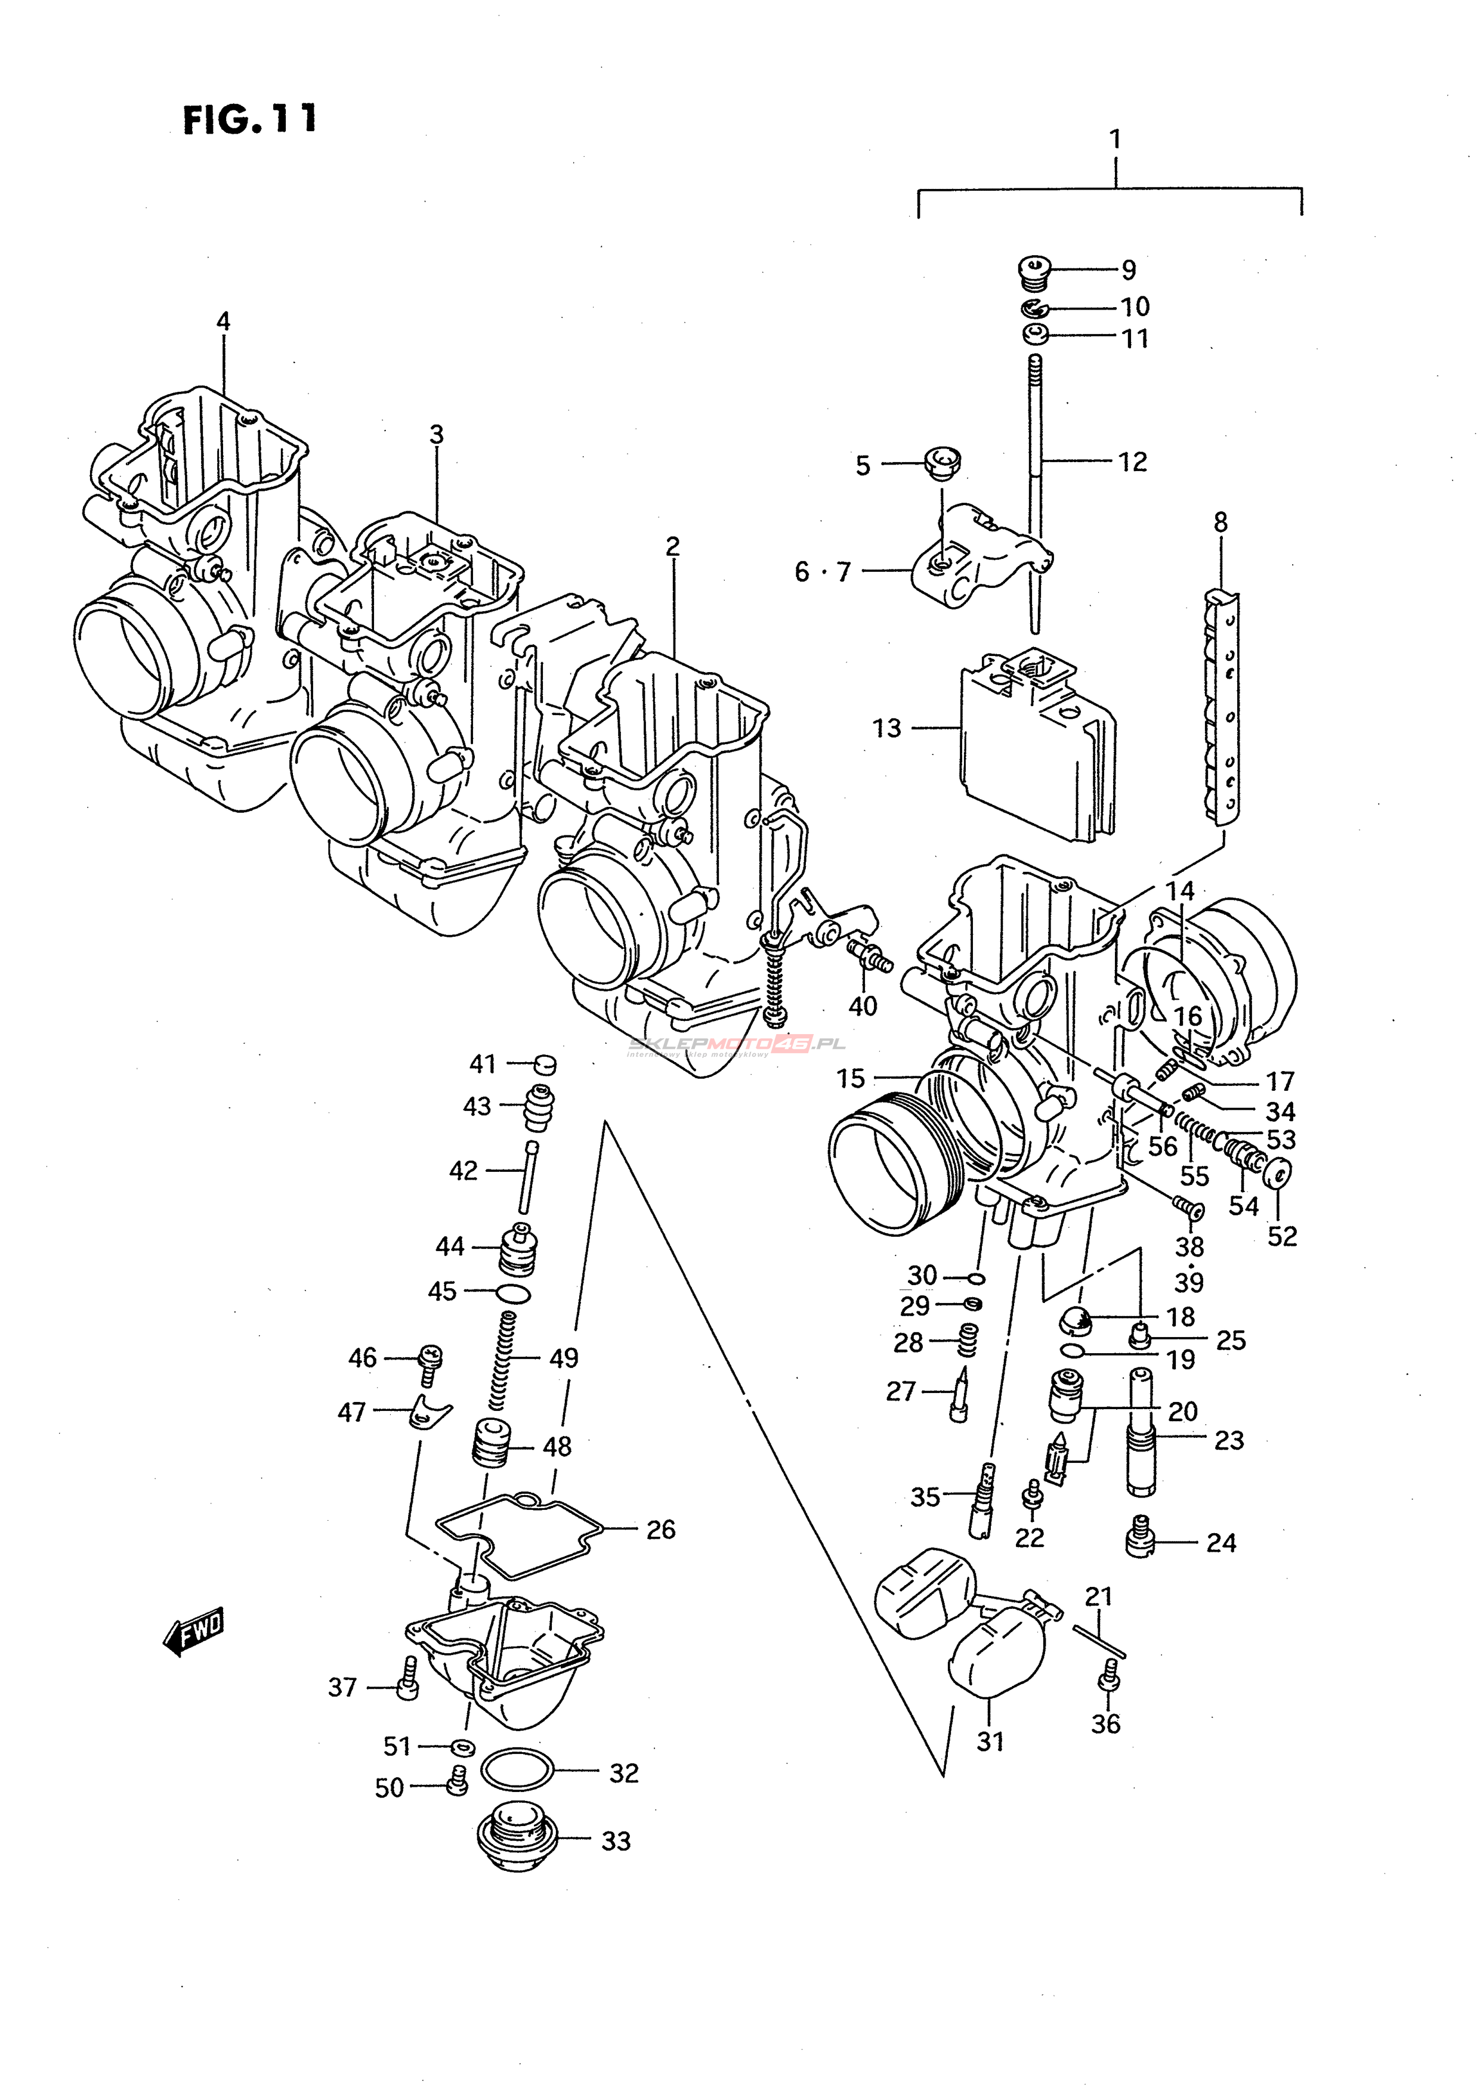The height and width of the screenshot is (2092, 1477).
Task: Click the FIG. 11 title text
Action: click(x=250, y=119)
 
